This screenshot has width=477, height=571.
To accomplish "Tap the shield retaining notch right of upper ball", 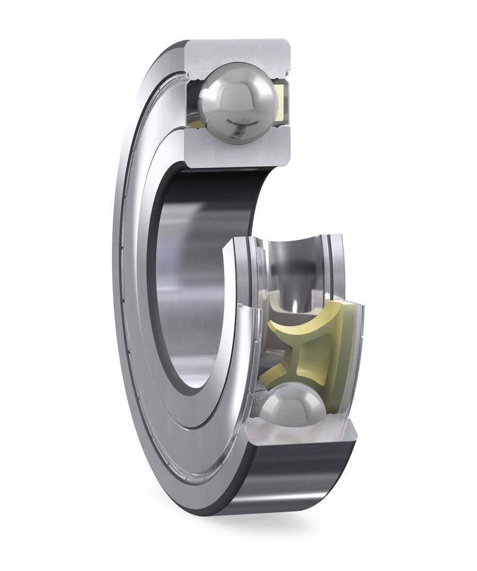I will [x=287, y=69].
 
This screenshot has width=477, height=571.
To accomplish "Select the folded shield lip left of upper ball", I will [x=189, y=79].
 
